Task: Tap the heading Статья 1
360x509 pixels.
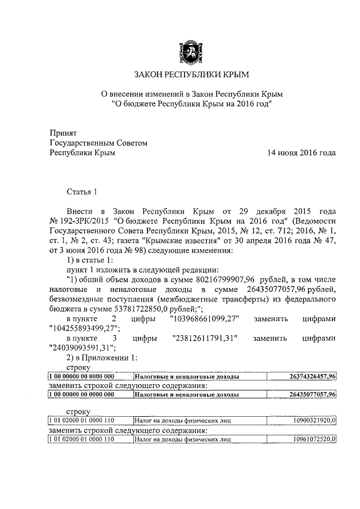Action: [82, 191]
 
